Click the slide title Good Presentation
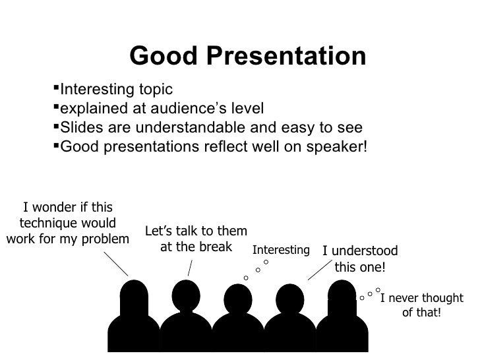pos(247,57)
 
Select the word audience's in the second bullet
pos(183,108)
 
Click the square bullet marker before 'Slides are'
pos(55,126)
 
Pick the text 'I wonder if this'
pos(67,207)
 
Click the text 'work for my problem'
pos(67,237)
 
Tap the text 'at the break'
pos(196,247)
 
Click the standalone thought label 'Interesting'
pos(281,250)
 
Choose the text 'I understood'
pos(360,251)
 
